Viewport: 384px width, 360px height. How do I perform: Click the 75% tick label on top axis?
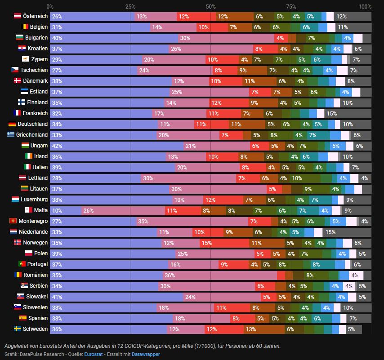pyautogui.click(x=291, y=7)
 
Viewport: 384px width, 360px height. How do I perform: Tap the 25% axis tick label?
pyautogui.click(x=130, y=7)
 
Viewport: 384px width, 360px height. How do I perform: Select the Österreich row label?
pyautogui.click(x=35, y=16)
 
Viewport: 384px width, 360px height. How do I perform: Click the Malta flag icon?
pyautogui.click(x=28, y=210)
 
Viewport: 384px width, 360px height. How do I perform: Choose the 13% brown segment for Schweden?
pyautogui.click(x=264, y=329)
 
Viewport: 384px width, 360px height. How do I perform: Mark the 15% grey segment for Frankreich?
pyautogui.click(x=347, y=113)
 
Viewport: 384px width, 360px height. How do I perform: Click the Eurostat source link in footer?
pyautogui.click(x=93, y=354)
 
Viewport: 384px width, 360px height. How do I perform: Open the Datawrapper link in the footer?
pyautogui.click(x=146, y=354)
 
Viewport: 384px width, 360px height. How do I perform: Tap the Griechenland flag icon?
pyautogui.click(x=11, y=134)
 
